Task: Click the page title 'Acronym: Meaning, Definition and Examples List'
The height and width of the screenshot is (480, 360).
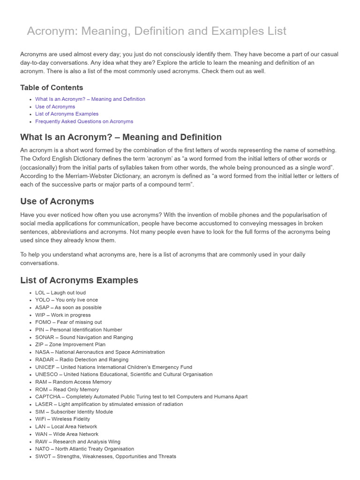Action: [156, 31]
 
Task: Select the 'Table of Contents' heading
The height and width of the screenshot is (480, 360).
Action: [52, 88]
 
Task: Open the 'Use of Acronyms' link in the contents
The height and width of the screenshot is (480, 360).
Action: [55, 106]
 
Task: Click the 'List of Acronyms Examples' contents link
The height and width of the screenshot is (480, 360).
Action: [67, 114]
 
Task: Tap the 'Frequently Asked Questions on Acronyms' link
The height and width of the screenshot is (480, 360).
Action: [84, 121]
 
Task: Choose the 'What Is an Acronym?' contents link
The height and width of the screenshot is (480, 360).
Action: [90, 99]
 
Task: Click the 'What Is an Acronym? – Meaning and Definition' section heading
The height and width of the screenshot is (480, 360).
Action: [121, 137]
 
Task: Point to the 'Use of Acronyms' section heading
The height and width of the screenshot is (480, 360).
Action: [57, 202]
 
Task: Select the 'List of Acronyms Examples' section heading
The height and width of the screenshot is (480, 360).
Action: [79, 280]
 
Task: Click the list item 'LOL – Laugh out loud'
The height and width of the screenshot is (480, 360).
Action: [60, 292]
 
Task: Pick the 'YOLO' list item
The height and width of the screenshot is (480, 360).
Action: [67, 300]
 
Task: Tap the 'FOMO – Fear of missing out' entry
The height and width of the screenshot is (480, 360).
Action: [68, 322]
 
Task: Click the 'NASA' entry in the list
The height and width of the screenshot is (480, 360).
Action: [100, 352]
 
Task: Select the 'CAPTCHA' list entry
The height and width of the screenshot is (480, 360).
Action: [141, 397]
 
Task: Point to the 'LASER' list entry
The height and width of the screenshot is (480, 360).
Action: [109, 404]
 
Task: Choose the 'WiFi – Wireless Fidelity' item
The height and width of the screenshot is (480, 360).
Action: [62, 419]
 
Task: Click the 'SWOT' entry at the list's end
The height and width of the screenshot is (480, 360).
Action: [105, 456]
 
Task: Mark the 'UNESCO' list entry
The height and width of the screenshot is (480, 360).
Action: [124, 375]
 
